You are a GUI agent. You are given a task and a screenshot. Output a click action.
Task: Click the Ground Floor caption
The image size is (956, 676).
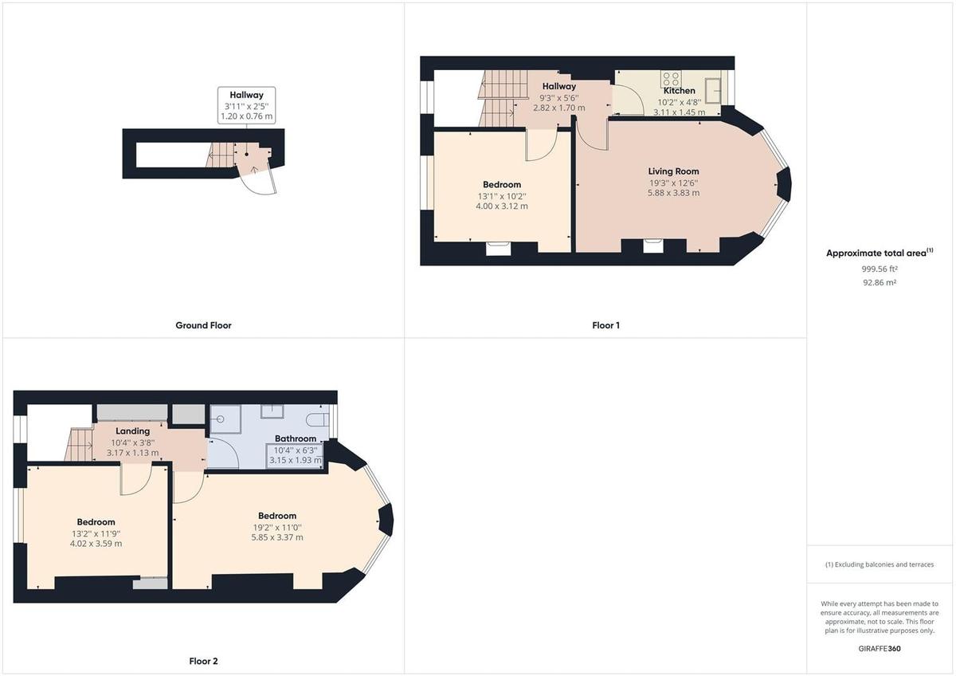click(203, 325)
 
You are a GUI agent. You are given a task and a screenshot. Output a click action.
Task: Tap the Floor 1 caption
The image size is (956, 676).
click(605, 325)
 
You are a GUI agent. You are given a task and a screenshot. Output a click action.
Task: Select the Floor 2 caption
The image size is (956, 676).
click(203, 661)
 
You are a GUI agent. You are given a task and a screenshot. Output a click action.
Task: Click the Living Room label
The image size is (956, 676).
click(673, 171)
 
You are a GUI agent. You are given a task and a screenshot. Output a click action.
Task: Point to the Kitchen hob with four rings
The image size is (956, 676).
click(671, 79)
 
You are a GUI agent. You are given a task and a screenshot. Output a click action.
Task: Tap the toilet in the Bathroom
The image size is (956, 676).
click(318, 419)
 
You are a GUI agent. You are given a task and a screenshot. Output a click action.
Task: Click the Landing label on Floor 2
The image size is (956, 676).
click(133, 431)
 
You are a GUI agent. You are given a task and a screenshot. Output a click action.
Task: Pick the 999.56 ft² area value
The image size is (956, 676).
click(879, 269)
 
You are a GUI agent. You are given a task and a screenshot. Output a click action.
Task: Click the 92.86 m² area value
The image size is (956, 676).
click(879, 282)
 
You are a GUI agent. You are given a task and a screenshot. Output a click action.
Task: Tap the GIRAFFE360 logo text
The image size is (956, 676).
click(880, 649)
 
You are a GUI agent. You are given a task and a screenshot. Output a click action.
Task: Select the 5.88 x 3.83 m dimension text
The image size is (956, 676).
click(673, 193)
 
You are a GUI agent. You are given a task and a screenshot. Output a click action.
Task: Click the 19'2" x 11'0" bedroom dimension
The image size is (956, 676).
click(276, 527)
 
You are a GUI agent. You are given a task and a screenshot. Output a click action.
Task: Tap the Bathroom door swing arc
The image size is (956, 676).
click(223, 453)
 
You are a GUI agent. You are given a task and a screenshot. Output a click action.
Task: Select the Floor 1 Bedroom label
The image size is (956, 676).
click(502, 185)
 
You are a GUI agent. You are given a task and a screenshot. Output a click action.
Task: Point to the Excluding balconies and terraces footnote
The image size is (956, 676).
click(880, 564)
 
